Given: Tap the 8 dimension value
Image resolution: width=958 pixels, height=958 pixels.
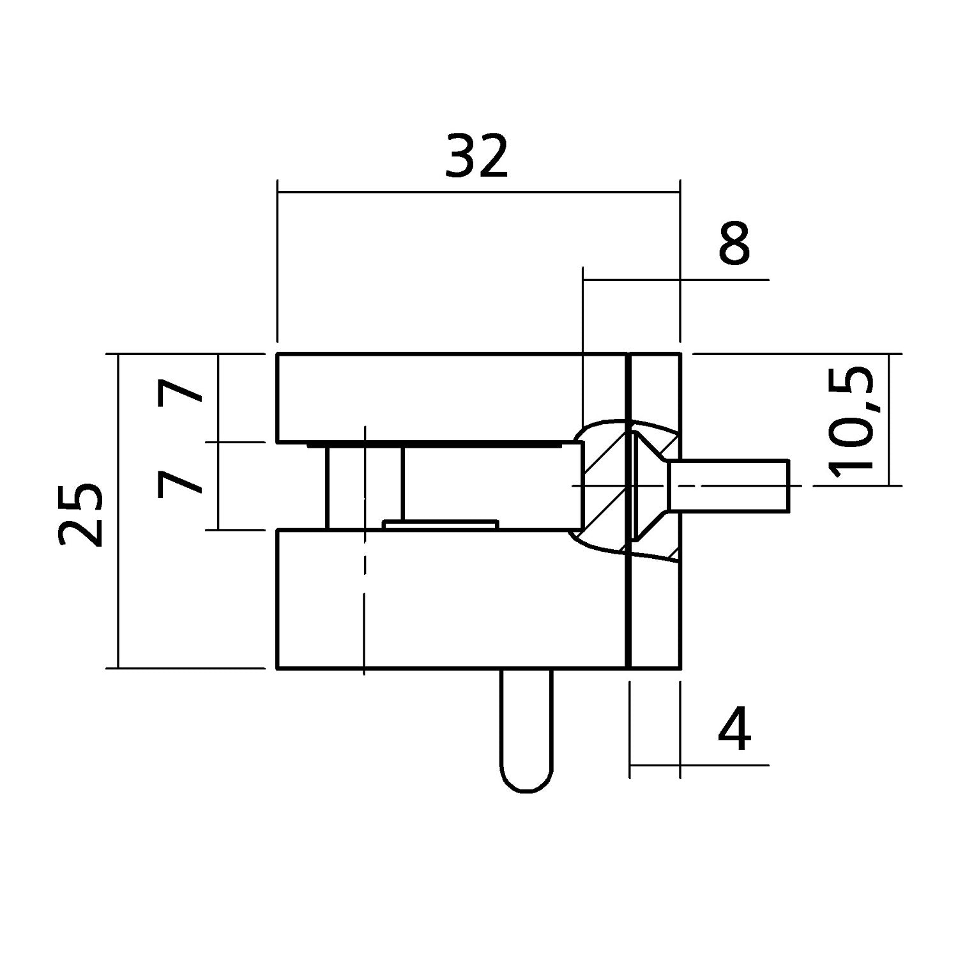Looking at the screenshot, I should tap(734, 244).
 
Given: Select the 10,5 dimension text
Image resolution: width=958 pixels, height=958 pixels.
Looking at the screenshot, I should tap(850, 422).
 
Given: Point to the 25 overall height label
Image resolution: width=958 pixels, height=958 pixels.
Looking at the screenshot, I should tap(80, 515).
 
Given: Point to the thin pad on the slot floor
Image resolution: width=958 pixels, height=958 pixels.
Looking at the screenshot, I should tap(440, 524).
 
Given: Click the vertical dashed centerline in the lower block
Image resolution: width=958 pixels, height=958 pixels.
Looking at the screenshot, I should tap(363, 600).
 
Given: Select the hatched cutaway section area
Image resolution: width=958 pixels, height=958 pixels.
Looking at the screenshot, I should tap(600, 485).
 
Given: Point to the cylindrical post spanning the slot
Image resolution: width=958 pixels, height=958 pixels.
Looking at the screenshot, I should tap(365, 485).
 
